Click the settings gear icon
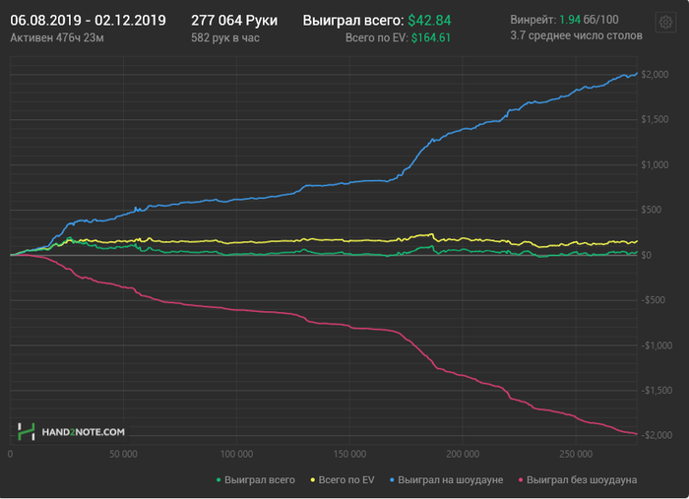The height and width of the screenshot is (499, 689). [665, 23]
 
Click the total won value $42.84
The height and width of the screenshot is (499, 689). [429, 20]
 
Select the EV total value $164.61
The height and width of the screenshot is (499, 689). [430, 37]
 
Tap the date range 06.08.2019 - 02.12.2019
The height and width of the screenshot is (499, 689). [88, 20]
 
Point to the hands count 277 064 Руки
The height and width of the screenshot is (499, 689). [235, 20]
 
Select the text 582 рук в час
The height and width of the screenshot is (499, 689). [226, 37]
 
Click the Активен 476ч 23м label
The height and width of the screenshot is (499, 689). [57, 37]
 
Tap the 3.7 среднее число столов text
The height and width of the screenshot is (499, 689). [576, 35]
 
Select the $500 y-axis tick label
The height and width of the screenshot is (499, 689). [653, 210]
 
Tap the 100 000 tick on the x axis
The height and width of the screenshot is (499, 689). [236, 455]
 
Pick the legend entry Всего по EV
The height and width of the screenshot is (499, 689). [343, 479]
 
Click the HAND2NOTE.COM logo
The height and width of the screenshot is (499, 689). [71, 431]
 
